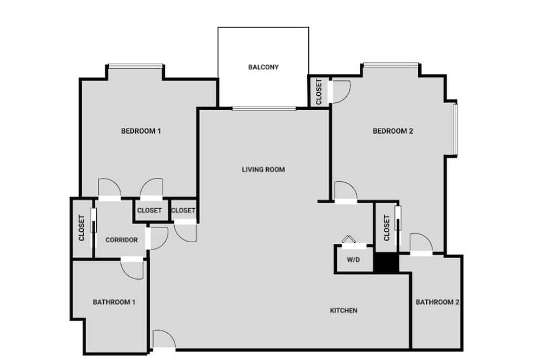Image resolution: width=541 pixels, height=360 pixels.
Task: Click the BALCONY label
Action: pos(263,67)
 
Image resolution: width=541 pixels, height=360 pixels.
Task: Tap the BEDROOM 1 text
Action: pos(141,131)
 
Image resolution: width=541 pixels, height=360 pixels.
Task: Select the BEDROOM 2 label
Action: pos(393,131)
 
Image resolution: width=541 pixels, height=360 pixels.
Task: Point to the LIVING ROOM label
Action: pos(263,169)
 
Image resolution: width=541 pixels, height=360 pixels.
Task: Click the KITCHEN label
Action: pos(344,310)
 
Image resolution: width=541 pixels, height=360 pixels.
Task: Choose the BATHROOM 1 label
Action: pos(114,302)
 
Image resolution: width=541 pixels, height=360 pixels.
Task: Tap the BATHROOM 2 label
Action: pos(437,302)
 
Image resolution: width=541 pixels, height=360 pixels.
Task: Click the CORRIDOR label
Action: pos(121,240)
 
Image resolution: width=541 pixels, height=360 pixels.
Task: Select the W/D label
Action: pos(353,259)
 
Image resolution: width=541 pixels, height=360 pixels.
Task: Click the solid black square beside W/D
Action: pos(386,263)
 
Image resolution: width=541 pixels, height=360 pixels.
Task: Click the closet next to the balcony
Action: pos(318,91)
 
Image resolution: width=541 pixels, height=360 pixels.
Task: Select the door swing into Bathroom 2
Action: pos(421,243)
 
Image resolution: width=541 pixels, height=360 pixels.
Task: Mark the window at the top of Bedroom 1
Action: pos(135,66)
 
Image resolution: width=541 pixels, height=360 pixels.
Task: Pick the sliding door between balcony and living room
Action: pos(264,109)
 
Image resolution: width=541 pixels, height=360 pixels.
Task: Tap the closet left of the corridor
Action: pos(82,228)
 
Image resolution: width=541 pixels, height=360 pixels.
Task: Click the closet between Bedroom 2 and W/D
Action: pos(386,228)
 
